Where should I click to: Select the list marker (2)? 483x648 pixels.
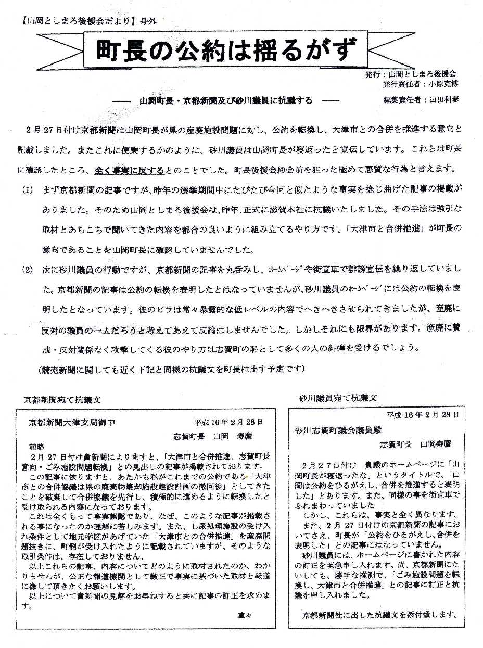(27, 270)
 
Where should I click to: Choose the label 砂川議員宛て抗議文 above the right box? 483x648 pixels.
(338, 398)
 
